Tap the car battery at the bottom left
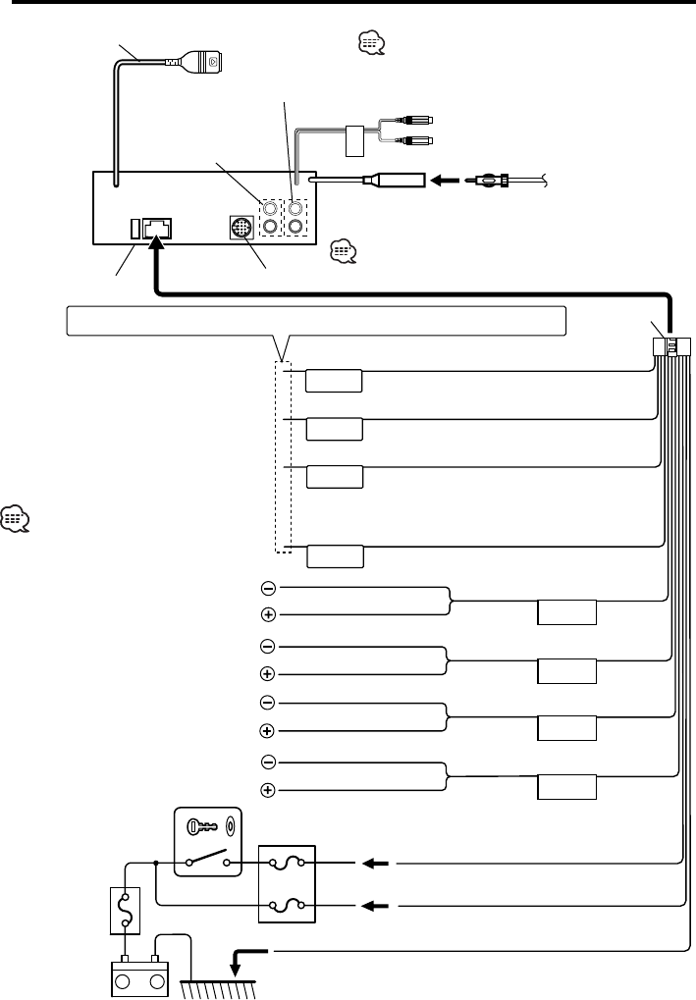coord(138,975)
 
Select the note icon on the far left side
coord(17,517)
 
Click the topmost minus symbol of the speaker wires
coord(268,588)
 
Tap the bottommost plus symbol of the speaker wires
coord(267,790)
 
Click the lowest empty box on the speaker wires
coord(567,788)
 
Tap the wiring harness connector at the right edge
coord(672,346)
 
